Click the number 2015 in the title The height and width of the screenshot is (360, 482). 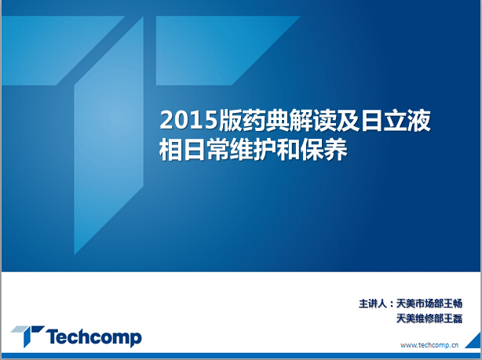coord(188,120)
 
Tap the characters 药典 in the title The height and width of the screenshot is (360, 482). coord(254,120)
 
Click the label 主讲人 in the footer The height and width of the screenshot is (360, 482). coord(372,304)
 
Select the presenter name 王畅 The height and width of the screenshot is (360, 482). coord(453,304)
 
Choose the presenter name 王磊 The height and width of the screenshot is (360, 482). coord(453,318)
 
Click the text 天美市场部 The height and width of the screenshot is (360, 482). coord(420,304)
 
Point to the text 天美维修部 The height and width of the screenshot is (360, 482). coord(420,318)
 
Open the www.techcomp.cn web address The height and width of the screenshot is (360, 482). coord(429,345)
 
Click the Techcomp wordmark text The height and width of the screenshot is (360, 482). coord(93,337)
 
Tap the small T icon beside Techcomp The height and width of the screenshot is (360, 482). coord(27,336)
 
